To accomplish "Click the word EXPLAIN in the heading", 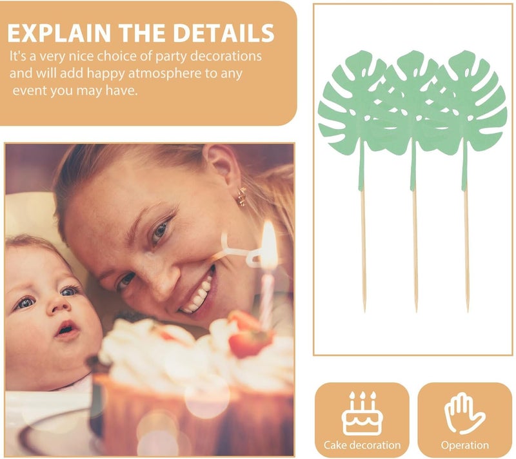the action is pos(59,33).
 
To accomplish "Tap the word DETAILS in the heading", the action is pos(224,33).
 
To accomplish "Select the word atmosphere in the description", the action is pos(164,73).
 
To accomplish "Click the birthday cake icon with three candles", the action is pos(362,413).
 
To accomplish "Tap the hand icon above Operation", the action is pos(464,413).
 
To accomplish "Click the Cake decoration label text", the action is pos(362,445).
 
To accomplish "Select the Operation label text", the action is pos(464,445).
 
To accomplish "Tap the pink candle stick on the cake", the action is pos(267,299).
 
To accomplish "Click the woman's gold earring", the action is pos(242,197).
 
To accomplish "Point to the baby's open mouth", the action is pos(66,329).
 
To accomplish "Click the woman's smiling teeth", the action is pos(197,294).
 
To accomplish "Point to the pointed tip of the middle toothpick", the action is pos(416,311).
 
